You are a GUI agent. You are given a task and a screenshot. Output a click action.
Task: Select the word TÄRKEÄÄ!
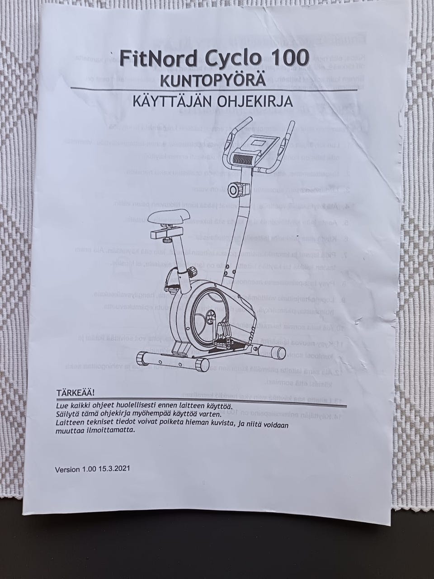click(75, 390)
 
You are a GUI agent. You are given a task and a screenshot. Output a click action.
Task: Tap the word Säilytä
click(67, 414)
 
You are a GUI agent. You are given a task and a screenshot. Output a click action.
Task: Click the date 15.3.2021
click(114, 470)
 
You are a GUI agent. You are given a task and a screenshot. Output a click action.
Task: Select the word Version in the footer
click(67, 470)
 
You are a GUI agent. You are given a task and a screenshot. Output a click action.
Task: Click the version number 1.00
click(90, 470)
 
